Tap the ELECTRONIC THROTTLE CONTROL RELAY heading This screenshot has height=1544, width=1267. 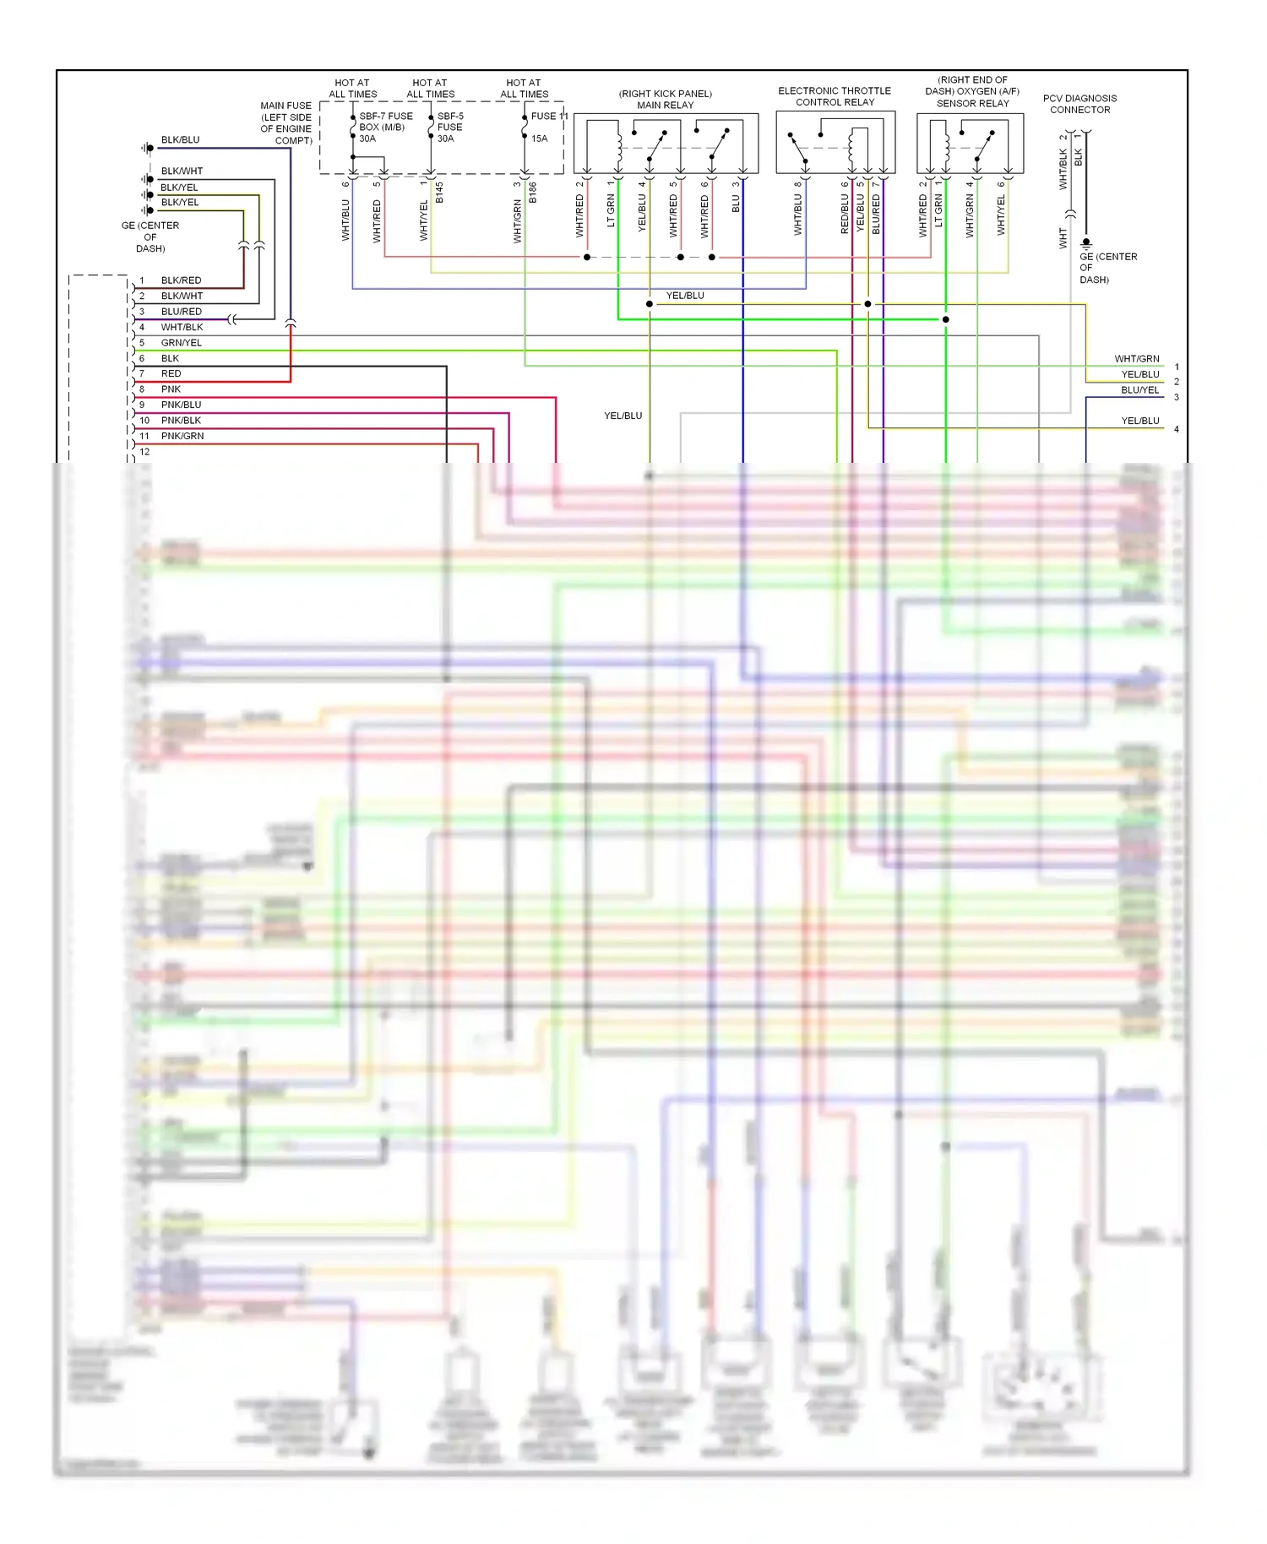coord(835,96)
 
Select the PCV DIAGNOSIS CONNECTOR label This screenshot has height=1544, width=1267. coord(1079,104)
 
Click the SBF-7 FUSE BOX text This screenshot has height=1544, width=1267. coord(385,122)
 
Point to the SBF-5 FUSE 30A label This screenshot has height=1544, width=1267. coord(449,127)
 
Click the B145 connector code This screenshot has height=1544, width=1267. coord(439,193)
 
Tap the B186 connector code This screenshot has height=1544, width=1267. coord(533,193)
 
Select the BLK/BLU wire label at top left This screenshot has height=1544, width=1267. coord(180,140)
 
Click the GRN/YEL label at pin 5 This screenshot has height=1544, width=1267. coord(181,343)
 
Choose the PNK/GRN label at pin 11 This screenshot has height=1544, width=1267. coord(182,436)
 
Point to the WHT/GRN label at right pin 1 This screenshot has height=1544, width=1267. coord(1136,359)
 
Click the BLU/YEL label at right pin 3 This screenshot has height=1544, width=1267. coord(1139,390)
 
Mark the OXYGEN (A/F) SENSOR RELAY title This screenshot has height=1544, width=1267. coord(972,92)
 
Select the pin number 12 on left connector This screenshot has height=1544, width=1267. coord(144,452)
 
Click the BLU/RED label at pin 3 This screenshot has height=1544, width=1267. coord(181,312)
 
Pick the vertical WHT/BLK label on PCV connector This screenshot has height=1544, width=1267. coord(1063,169)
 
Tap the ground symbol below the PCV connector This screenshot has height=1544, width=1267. coord(1086,242)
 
